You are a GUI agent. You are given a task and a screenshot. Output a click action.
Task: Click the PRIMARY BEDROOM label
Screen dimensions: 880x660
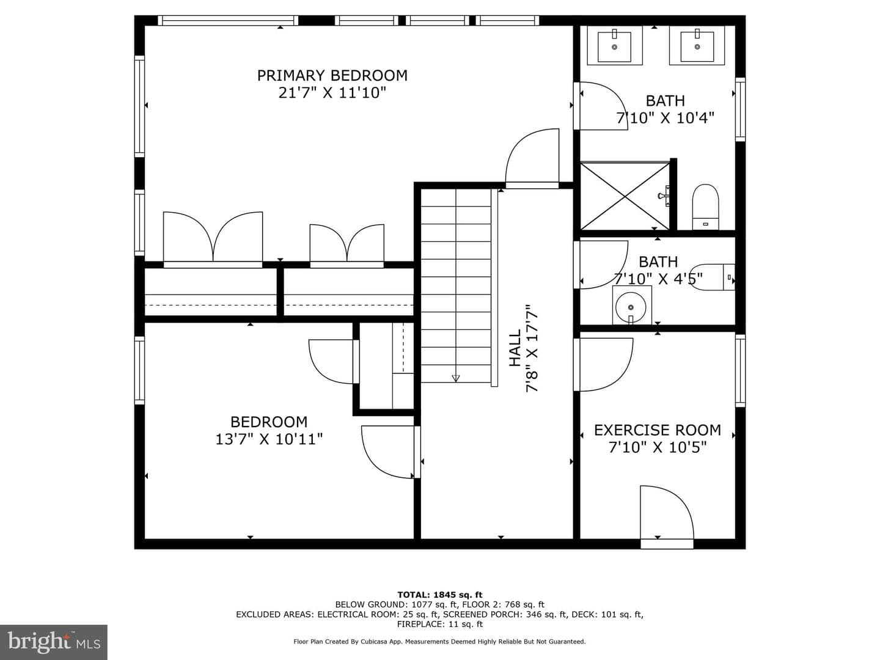click(332, 75)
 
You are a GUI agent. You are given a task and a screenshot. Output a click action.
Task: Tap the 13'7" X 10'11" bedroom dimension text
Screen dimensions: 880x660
click(269, 439)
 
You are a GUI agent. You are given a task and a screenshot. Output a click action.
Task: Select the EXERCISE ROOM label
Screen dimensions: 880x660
click(658, 430)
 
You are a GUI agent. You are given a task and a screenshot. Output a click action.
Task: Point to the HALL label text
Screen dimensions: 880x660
click(515, 348)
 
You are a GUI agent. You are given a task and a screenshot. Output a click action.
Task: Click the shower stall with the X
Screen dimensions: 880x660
click(625, 196)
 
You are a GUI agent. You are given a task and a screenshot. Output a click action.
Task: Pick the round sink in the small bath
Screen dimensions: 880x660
click(631, 307)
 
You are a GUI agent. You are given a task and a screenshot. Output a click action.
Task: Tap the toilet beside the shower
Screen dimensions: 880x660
click(706, 207)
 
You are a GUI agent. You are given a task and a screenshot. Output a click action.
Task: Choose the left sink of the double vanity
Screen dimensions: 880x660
click(615, 45)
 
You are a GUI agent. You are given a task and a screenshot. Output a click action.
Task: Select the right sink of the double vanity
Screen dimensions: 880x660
click(697, 45)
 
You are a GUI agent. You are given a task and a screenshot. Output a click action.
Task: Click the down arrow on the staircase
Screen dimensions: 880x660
click(456, 378)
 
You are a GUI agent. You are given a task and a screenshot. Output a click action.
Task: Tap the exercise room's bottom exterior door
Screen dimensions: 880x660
click(667, 516)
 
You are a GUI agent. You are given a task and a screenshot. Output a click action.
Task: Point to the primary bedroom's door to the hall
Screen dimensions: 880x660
click(532, 158)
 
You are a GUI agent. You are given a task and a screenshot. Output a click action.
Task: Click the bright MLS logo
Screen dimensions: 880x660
click(54, 642)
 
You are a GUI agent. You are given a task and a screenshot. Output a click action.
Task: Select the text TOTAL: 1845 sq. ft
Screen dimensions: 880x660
click(440, 594)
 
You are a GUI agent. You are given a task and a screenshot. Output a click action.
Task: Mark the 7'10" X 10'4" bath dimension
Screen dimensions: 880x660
click(665, 118)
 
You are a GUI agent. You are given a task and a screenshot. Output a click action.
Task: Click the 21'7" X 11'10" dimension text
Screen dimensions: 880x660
click(332, 93)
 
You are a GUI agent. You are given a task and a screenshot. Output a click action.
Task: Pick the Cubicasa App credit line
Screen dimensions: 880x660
click(440, 642)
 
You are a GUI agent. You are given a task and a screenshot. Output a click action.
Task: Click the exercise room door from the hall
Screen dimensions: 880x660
click(603, 365)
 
